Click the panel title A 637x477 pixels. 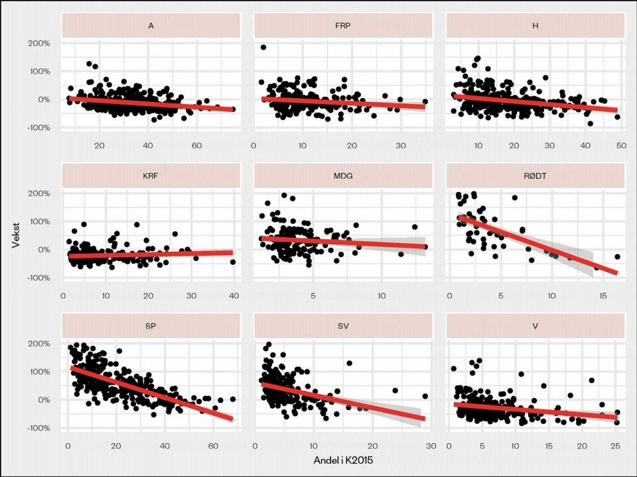click(151, 26)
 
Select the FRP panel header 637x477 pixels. click(342, 26)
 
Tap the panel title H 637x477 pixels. click(535, 26)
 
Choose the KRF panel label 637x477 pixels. click(151, 177)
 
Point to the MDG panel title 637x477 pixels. click(342, 177)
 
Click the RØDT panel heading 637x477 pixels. click(535, 177)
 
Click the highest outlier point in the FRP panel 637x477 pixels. click(263, 47)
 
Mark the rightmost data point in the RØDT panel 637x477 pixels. click(617, 256)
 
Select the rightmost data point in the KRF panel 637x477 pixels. click(233, 262)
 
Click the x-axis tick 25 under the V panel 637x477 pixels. click(615, 446)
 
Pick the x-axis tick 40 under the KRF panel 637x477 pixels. click(234, 295)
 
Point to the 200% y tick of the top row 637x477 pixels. click(38, 44)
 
